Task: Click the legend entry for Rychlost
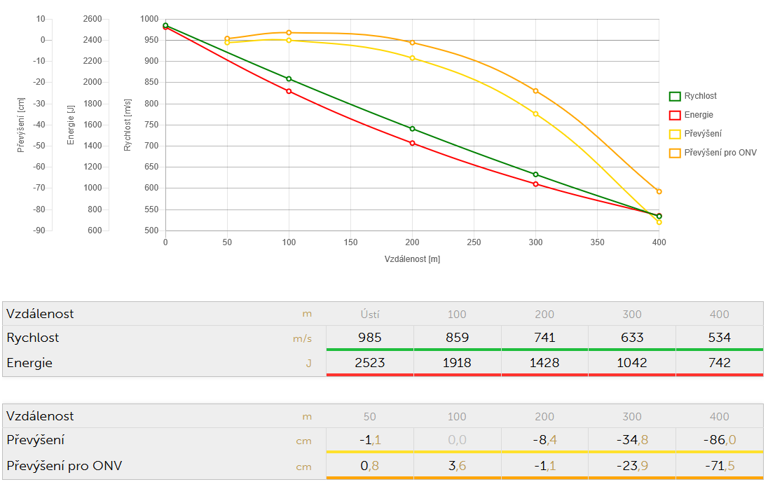coord(700,96)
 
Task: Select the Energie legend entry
coord(698,115)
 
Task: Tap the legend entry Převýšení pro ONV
coord(720,152)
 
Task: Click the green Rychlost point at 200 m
coord(412,129)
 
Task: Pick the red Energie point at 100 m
coord(289,91)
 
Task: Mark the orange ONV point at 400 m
coord(659,191)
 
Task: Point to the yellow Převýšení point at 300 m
coord(535,113)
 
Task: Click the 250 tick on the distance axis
coord(474,242)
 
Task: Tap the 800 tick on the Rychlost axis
coord(150,104)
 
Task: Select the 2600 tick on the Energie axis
coord(92,19)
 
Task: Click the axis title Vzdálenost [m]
coord(412,259)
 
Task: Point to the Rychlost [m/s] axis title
coord(128,125)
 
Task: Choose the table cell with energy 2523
coord(369,362)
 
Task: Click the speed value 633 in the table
coord(632,338)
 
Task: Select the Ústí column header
coord(369,315)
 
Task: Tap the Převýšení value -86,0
coord(719,440)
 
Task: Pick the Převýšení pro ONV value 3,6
coord(457,464)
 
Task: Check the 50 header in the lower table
coord(369,416)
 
